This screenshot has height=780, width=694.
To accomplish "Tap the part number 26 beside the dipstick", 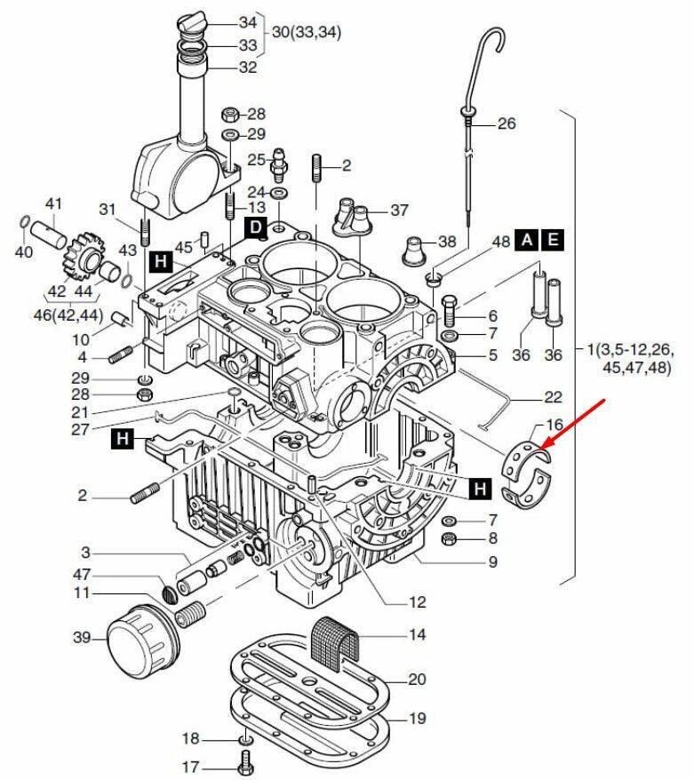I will tap(506, 123).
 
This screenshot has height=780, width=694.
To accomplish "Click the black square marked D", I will tap(255, 228).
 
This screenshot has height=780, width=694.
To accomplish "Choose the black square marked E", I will tap(553, 239).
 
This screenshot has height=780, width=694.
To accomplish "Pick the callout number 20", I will tap(417, 680).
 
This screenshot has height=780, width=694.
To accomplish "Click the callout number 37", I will tap(399, 211).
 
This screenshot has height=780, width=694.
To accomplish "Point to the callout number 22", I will tap(554, 396).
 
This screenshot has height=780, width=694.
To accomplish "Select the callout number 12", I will tap(417, 602).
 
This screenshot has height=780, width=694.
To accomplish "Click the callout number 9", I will tap(491, 561).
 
